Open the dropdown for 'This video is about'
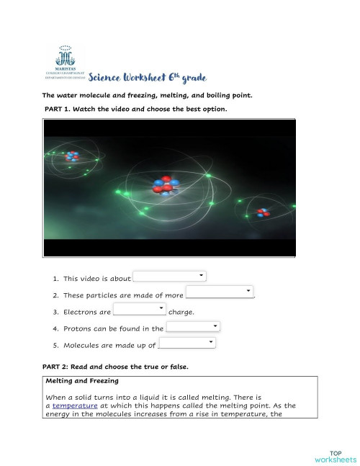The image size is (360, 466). tap(171, 277)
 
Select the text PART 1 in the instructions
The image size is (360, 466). tap(60, 109)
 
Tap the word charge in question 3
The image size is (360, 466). tap(179, 312)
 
